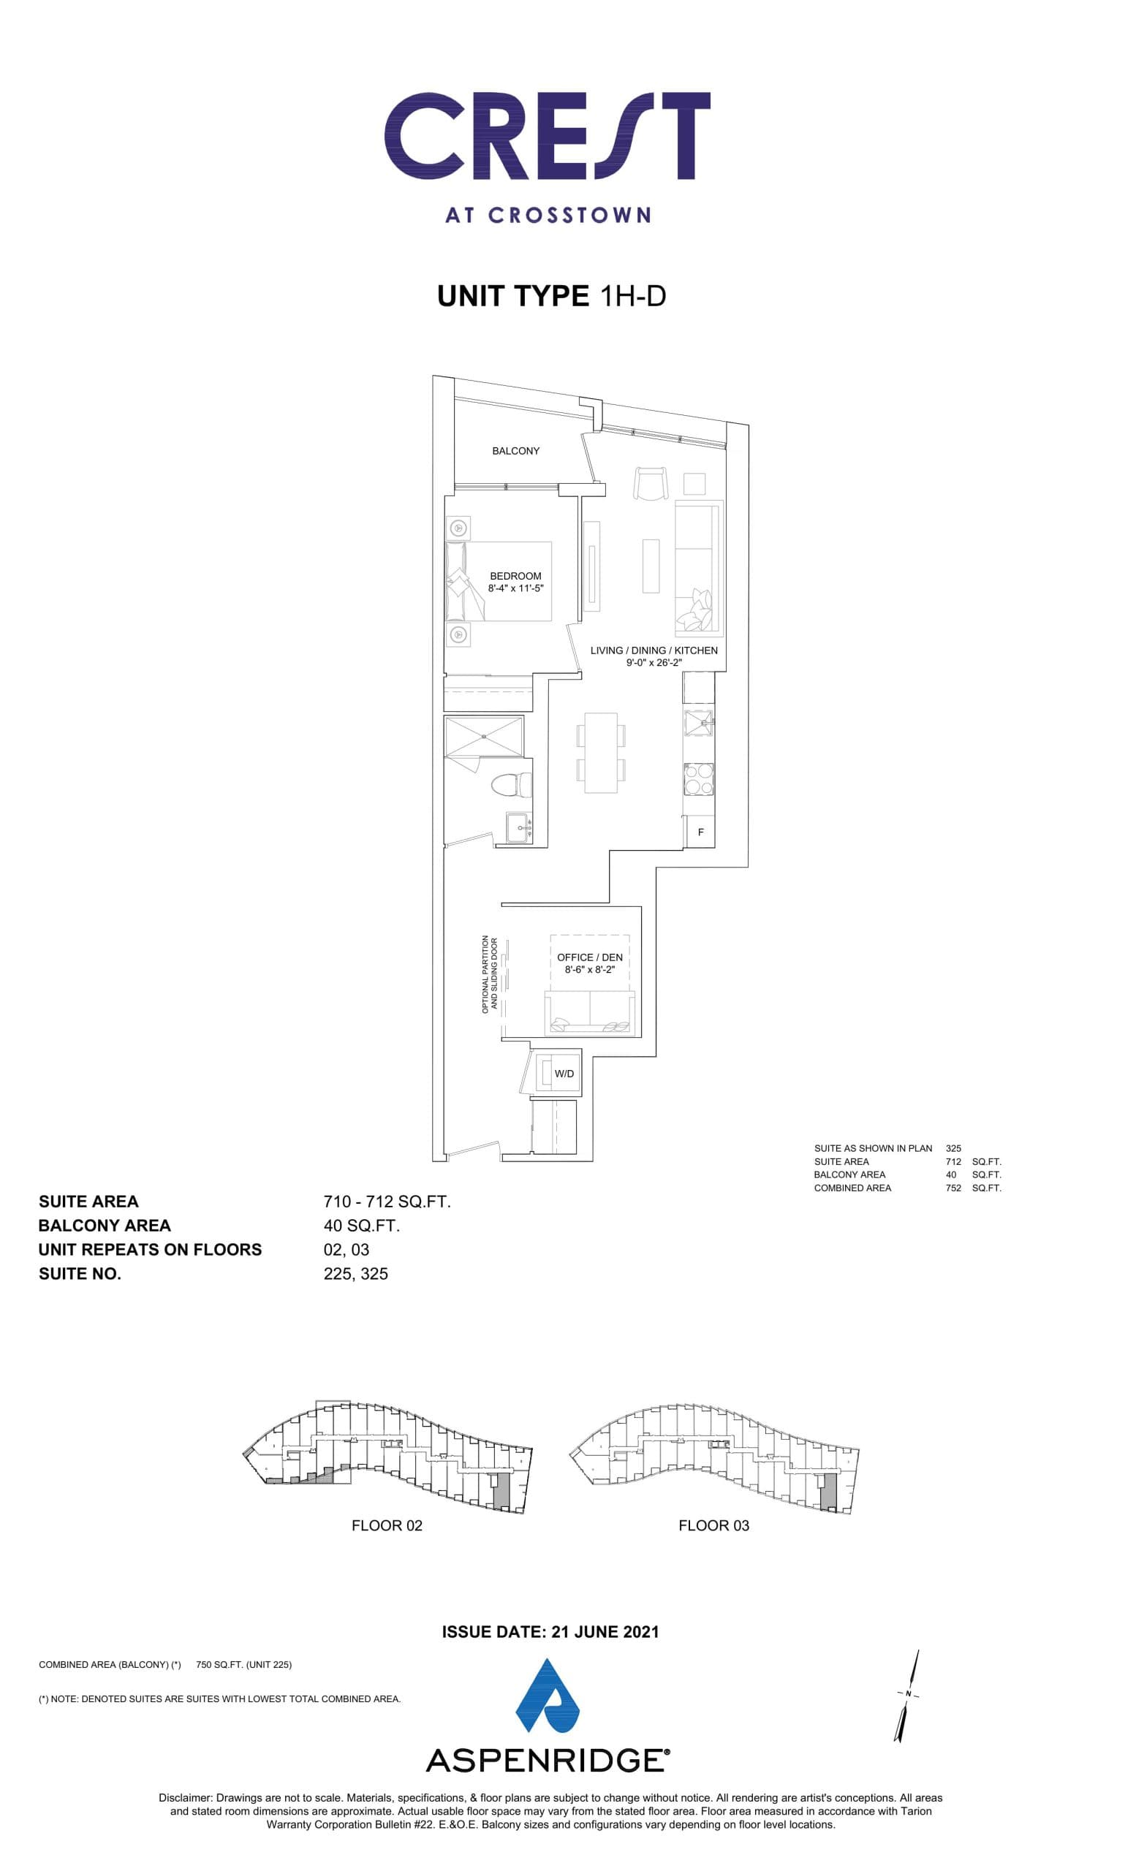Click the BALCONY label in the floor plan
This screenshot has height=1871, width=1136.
[x=515, y=451]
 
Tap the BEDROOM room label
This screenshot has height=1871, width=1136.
[x=515, y=577]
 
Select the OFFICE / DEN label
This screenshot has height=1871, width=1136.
[x=589, y=957]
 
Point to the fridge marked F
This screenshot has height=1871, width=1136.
[x=700, y=832]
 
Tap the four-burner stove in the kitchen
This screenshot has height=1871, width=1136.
[x=699, y=778]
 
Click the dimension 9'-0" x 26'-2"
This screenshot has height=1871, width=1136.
[x=654, y=663]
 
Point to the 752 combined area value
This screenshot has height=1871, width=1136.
[x=953, y=1188]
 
